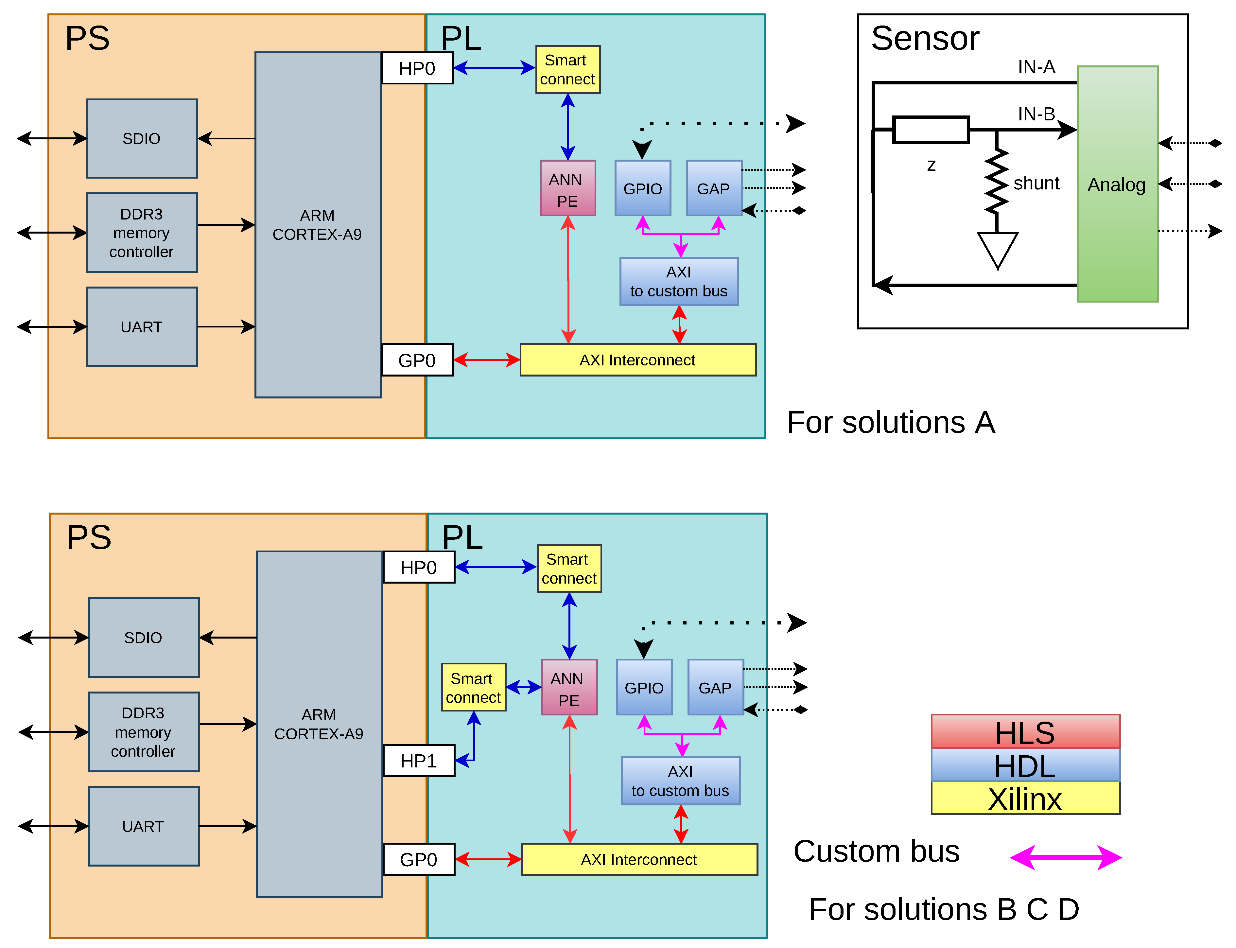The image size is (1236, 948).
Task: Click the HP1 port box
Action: tap(419, 761)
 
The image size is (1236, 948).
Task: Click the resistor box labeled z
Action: tap(931, 130)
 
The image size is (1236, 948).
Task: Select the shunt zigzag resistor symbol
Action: tap(997, 182)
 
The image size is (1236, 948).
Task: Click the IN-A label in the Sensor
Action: tap(1036, 67)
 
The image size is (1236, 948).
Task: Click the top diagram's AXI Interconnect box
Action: tap(637, 360)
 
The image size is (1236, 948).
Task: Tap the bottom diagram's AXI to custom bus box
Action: tap(680, 781)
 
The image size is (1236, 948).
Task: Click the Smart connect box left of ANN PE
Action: tap(473, 687)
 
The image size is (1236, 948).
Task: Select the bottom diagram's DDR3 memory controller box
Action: tap(143, 732)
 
